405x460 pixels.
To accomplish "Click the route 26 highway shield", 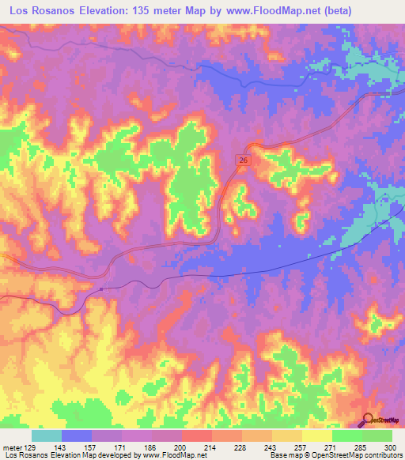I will click(243, 160).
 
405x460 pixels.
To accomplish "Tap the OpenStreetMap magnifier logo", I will click(369, 419).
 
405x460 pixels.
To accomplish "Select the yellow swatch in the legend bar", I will click(316, 435).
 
